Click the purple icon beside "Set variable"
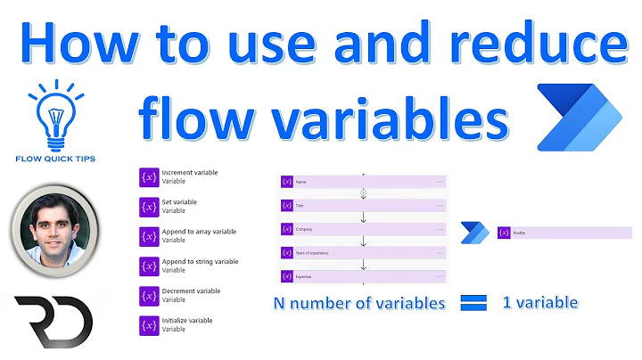tap(149, 207)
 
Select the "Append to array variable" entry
tap(199, 232)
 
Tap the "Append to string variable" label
tap(200, 262)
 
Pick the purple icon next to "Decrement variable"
tap(149, 296)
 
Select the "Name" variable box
tap(362, 181)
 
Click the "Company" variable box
tap(362, 229)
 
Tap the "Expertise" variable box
tap(362, 276)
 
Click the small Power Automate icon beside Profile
tap(474, 233)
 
